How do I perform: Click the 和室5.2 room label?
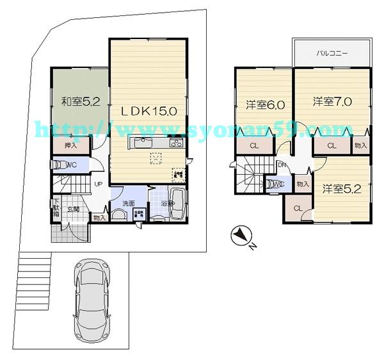(x=80, y=101)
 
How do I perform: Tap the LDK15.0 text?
(x=149, y=111)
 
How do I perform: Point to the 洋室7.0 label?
(x=332, y=101)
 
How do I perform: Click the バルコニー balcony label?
(x=332, y=54)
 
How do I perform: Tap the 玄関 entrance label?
(x=74, y=209)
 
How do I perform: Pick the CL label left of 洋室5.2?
(x=298, y=209)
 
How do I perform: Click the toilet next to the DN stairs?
(x=275, y=184)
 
